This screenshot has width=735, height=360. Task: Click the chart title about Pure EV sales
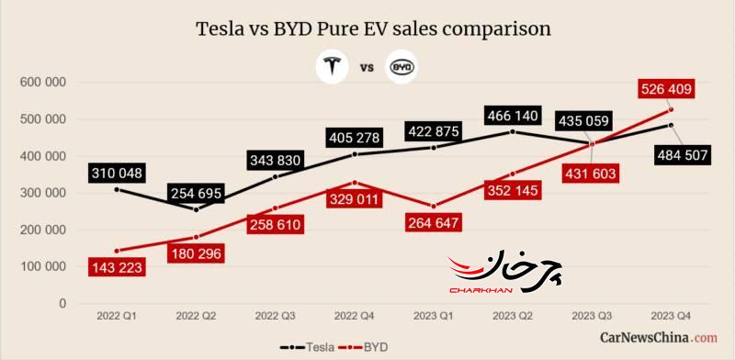[373, 28]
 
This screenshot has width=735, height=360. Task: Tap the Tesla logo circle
[332, 67]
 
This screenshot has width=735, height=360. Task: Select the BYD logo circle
[401, 67]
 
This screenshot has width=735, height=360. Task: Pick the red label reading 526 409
[666, 89]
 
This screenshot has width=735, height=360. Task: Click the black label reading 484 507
[683, 155]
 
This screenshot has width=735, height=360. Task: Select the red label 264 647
[434, 222]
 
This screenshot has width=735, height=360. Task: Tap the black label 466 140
[514, 116]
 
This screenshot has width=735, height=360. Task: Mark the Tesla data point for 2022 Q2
[196, 209]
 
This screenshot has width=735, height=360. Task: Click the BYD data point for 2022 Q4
[355, 183]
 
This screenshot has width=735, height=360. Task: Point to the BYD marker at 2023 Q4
[671, 109]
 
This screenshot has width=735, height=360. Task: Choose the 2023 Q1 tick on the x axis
[434, 317]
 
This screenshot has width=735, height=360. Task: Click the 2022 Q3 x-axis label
[275, 317]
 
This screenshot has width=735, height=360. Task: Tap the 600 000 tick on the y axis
[42, 83]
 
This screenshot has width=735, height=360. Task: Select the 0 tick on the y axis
[62, 304]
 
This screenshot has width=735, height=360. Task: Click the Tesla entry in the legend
[308, 348]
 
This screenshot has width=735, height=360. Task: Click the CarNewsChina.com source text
[659, 337]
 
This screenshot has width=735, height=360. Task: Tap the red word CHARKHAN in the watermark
[481, 290]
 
